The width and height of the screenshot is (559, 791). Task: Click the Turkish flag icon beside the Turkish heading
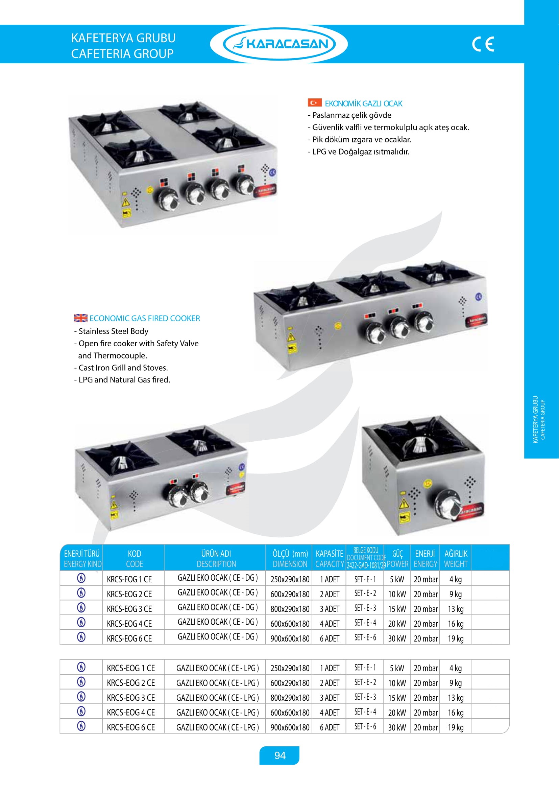click(x=315, y=103)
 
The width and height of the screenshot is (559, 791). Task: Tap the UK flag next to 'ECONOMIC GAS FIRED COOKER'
click(x=80, y=318)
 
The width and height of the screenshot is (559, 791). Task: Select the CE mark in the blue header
click(x=483, y=44)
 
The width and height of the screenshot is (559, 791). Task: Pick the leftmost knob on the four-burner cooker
click(x=168, y=199)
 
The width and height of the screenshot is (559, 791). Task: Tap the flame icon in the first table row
click(x=81, y=578)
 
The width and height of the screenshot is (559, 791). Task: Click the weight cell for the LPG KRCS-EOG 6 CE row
click(x=455, y=727)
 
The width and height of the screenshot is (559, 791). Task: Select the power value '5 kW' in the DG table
click(x=397, y=579)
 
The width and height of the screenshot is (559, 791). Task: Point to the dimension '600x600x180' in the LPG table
click(x=290, y=712)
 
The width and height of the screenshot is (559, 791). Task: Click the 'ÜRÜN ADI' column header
click(x=216, y=554)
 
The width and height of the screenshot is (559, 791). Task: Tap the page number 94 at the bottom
click(x=280, y=755)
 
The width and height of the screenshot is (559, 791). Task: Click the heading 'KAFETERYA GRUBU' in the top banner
click(x=123, y=38)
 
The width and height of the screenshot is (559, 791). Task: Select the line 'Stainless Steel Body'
click(x=113, y=331)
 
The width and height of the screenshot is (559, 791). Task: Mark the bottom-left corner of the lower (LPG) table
click(x=60, y=733)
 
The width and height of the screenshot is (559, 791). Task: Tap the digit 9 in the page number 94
click(x=277, y=755)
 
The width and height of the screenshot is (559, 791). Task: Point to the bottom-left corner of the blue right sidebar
click(x=524, y=458)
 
